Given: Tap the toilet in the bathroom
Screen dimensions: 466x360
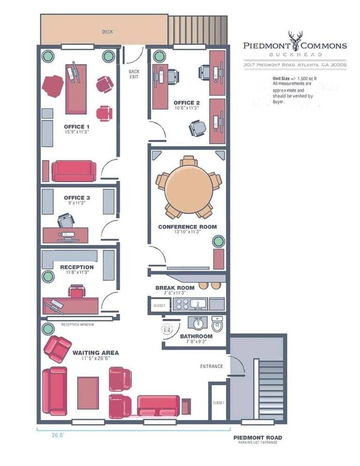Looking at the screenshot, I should tap(217, 325).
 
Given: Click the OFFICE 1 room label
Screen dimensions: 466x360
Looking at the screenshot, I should tap(77, 126).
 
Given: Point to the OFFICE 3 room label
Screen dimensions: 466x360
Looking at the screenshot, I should tap(77, 198).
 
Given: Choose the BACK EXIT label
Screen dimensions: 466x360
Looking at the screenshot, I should tap(134, 74).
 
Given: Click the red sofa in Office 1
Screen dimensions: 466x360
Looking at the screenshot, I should tap(74, 170).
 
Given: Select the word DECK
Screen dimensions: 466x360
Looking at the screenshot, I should tap(107, 32).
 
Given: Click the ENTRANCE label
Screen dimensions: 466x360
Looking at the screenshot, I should tap(211, 367).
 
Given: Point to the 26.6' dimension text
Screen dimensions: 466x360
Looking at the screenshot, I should tap(57, 435).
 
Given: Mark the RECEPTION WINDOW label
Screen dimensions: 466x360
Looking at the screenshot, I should tap(77, 325).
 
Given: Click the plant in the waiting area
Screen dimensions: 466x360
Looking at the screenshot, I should tap(48, 328).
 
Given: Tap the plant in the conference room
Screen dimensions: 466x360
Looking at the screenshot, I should tap(218, 241).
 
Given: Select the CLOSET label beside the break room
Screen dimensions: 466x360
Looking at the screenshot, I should tap(159, 305).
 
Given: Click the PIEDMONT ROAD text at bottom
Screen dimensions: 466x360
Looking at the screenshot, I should tap(257, 438).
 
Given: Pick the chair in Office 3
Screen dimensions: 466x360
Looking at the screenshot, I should tap(66, 222).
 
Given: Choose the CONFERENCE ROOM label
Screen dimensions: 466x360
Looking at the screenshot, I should tap(187, 227).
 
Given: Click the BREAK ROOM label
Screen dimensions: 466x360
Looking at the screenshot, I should tap(175, 288).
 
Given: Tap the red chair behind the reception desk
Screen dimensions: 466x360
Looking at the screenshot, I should tap(76, 292).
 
